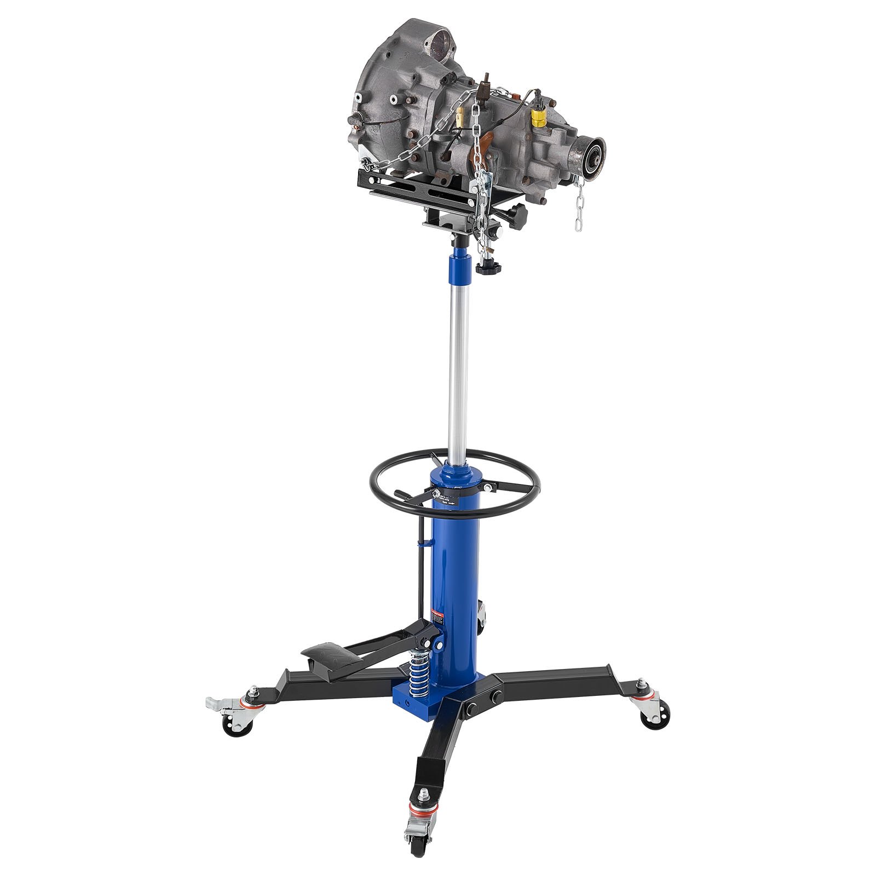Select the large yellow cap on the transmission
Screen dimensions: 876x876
pyautogui.click(x=539, y=116)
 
